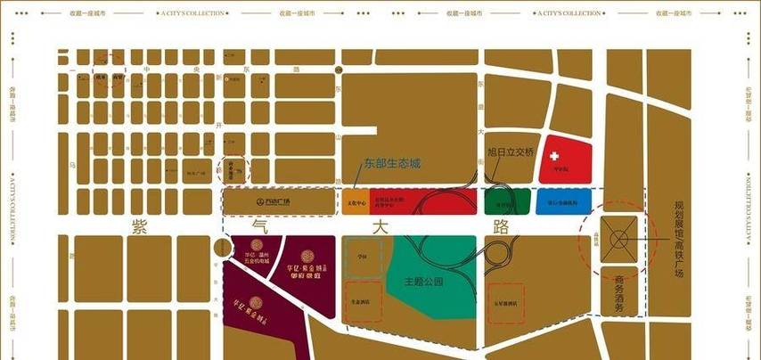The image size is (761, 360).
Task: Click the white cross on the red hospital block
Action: coord(561,151)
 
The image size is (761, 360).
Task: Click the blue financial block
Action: coord(561,202)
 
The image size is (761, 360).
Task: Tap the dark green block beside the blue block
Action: coord(509,202)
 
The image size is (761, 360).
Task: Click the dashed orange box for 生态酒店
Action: coord(363,303)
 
